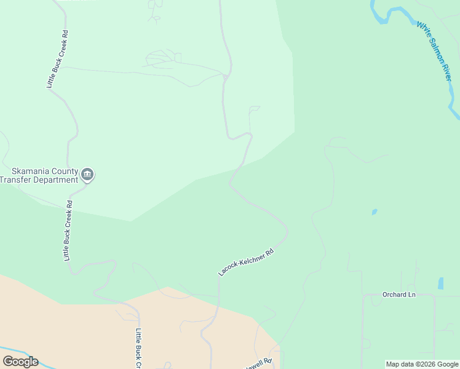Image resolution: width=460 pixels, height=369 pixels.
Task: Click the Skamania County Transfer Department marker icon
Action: [x=88, y=175]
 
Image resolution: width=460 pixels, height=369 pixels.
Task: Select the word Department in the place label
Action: [x=56, y=180]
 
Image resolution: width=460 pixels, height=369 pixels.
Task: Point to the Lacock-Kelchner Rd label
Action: [x=245, y=262]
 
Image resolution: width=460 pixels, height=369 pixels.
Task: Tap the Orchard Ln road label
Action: [x=399, y=295]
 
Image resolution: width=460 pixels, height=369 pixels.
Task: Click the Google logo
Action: [x=20, y=362]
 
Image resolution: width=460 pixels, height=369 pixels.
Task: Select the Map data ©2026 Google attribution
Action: [x=422, y=364]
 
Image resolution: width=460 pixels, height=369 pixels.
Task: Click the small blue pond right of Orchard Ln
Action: [x=440, y=284]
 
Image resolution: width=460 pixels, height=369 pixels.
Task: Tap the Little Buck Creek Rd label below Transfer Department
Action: [x=67, y=231]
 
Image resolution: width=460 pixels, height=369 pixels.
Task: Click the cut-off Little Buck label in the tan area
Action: [x=138, y=348]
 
